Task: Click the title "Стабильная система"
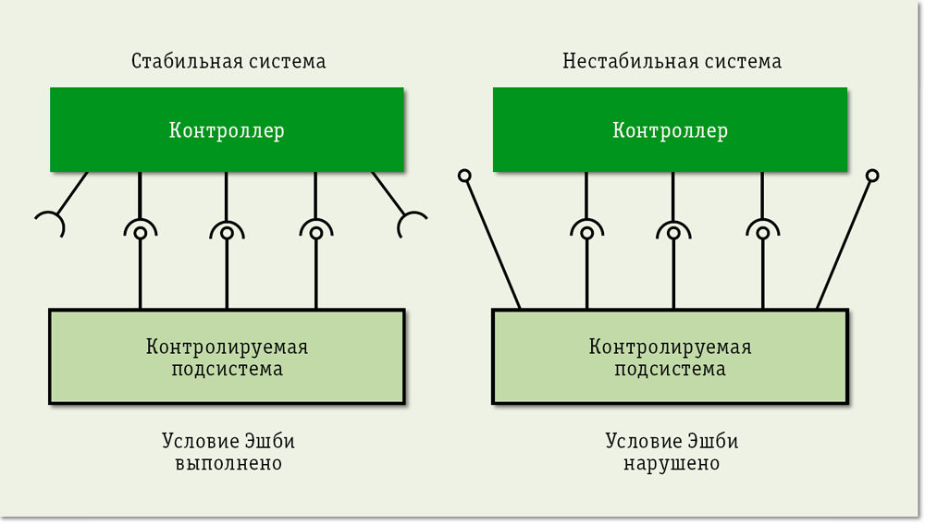tap(228, 62)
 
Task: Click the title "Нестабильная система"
tap(672, 62)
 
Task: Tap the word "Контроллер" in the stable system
tap(227, 130)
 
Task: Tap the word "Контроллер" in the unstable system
tap(670, 130)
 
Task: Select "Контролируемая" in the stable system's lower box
tap(227, 348)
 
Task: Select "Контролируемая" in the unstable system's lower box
tap(670, 348)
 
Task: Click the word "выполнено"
tap(228, 462)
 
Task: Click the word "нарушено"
tap(672, 462)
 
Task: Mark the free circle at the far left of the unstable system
tap(464, 175)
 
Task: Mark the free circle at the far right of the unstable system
tap(871, 175)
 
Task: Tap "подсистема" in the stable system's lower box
tap(227, 369)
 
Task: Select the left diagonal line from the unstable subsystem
tap(492, 242)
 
